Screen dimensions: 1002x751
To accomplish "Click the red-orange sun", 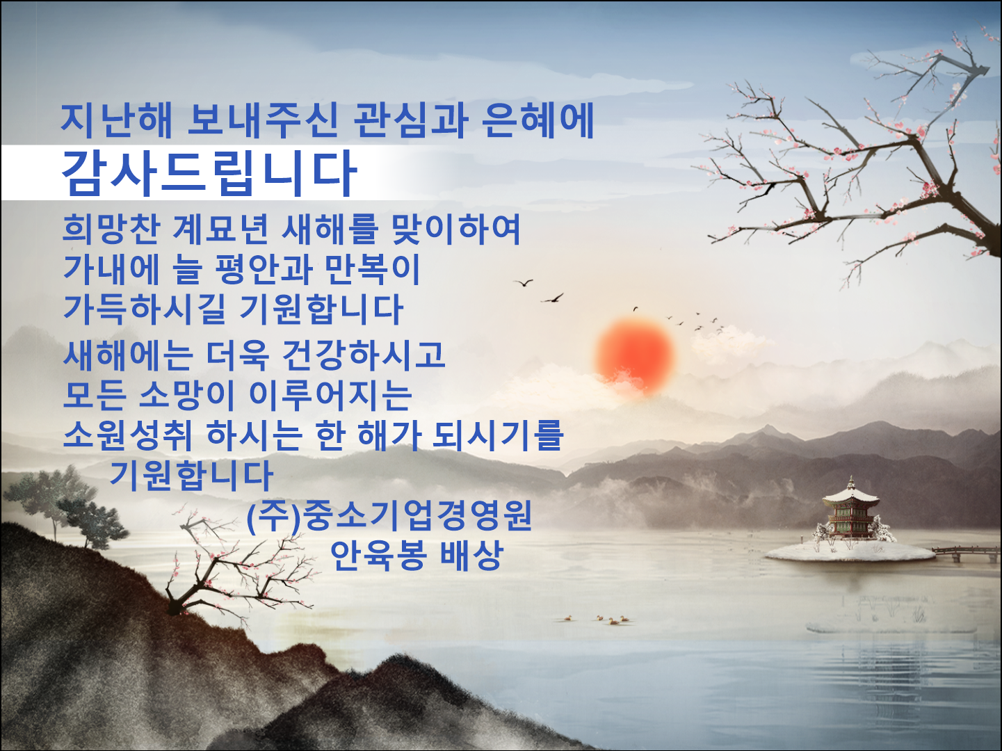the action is tap(635, 357).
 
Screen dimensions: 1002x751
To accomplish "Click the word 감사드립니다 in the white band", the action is tap(209, 173).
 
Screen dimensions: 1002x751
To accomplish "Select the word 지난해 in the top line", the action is tap(116, 120).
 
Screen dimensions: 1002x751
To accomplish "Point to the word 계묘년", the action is tap(220, 229).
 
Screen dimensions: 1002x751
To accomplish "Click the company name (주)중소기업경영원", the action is tap(389, 515).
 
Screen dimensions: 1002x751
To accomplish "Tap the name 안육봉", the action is tap(378, 556).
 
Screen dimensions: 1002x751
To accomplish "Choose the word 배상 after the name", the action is tap(472, 556).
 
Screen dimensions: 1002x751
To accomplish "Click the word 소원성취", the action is tap(127, 435).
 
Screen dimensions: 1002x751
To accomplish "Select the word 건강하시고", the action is tap(364, 355).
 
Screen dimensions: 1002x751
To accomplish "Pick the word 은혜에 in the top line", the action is tap(538, 120).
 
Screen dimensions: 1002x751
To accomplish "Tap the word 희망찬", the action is tap(111, 229).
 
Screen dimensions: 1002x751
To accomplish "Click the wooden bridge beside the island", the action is tap(965, 553).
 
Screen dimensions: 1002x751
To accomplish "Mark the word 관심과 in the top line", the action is tap(410, 120).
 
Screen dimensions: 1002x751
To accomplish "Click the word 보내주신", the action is tap(263, 120).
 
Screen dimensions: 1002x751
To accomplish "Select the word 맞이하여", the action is tap(456, 229).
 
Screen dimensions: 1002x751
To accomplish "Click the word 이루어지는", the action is tap(331, 395).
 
